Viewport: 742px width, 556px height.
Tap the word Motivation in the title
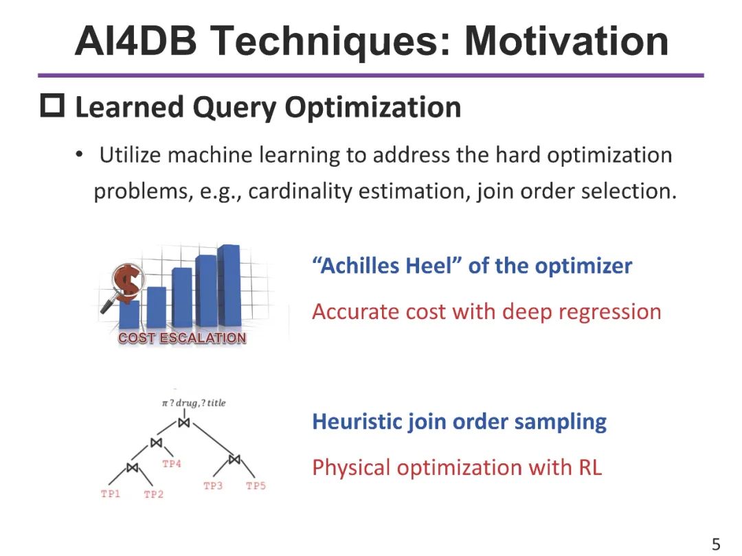[x=566, y=40]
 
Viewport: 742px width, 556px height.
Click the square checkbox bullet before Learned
[x=52, y=107]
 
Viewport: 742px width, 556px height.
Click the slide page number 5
[x=716, y=544]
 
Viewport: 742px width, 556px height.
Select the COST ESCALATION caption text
[x=182, y=338]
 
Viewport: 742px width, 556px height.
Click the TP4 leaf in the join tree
[x=172, y=464]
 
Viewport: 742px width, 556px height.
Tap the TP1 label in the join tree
[x=111, y=494]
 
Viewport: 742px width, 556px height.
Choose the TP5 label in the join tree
[x=256, y=486]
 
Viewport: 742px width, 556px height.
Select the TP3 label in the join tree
[x=213, y=486]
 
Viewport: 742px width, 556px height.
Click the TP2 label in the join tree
[x=153, y=495]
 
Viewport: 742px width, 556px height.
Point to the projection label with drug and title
[x=194, y=403]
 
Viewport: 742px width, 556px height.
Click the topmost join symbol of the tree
[x=183, y=423]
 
